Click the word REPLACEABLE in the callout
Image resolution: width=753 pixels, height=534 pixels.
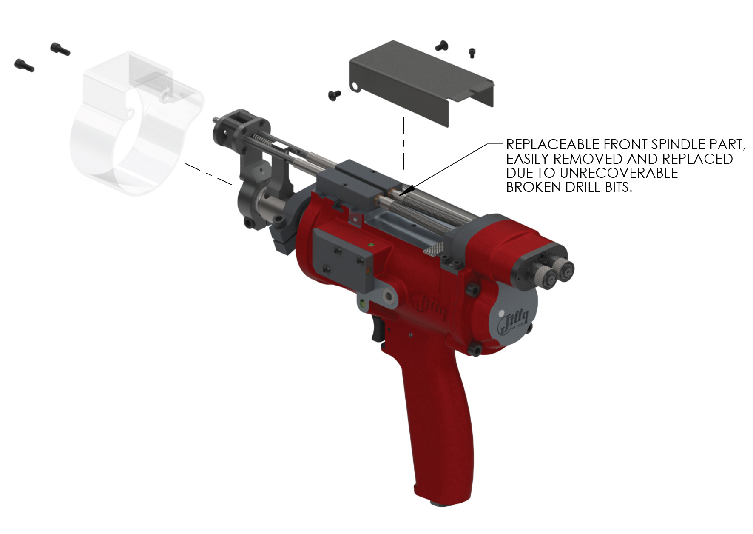tap(553, 145)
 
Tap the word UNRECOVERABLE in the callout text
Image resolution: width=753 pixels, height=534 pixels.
tap(619, 173)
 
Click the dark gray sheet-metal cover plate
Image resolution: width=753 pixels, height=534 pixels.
tap(421, 83)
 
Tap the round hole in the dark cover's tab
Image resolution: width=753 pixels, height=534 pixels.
tap(353, 87)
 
